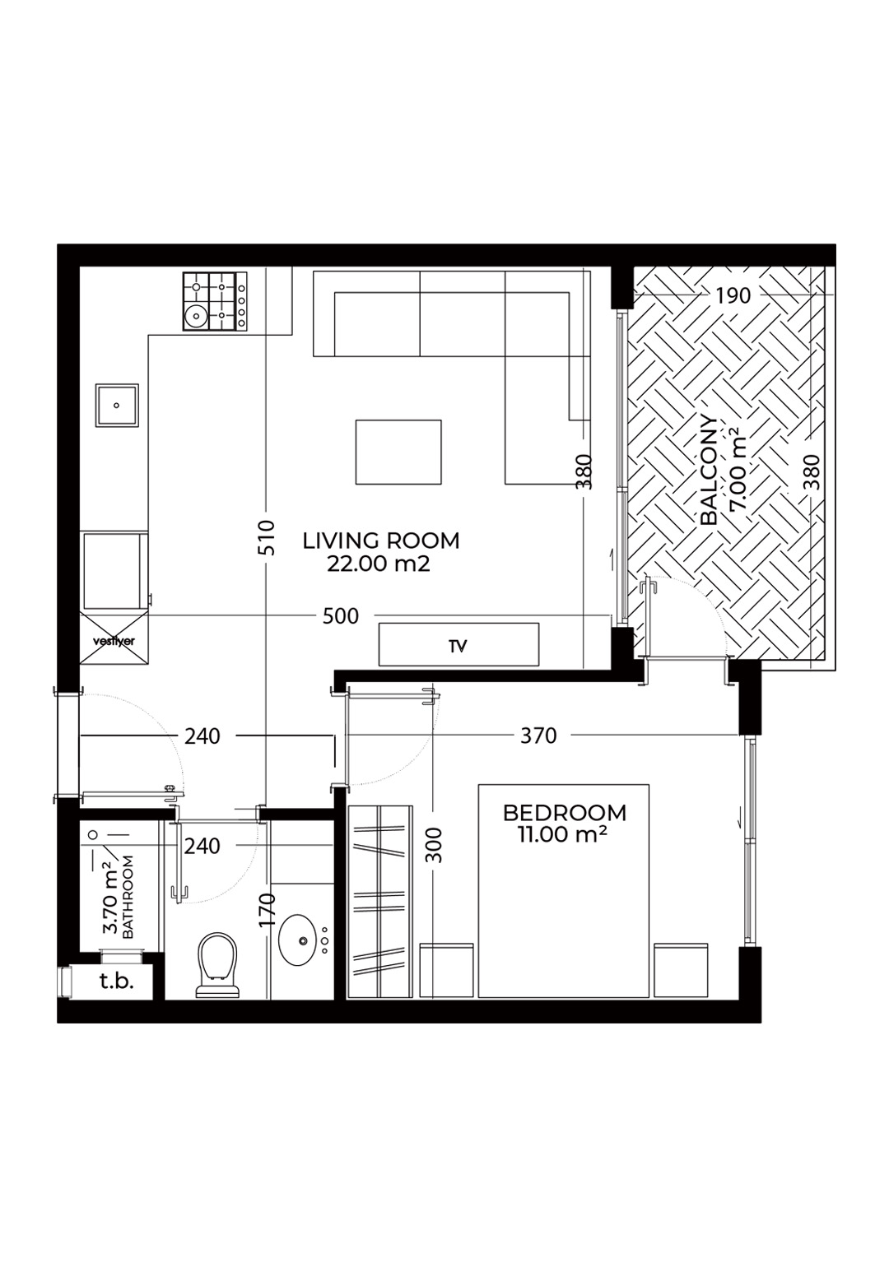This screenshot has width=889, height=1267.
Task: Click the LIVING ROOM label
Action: [x=381, y=541]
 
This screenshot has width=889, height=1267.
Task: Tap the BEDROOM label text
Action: [x=564, y=813]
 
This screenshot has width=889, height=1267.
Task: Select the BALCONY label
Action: [x=708, y=471]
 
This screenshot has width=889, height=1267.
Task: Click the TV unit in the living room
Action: [x=458, y=644]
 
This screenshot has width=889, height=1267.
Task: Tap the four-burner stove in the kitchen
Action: [x=215, y=301]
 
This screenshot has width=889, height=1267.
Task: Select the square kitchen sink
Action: [x=117, y=405]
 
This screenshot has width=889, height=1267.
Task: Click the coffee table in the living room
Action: [x=398, y=452]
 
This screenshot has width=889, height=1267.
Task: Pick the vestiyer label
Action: [x=114, y=642]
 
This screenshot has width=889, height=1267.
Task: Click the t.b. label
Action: [x=117, y=982]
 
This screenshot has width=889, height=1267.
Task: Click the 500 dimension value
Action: [x=341, y=616]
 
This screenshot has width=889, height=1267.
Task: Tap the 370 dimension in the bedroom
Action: [x=538, y=736]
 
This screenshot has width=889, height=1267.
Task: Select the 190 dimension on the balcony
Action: [x=733, y=295]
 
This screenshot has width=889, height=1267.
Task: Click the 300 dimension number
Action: [x=434, y=845]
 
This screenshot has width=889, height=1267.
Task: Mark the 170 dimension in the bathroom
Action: [x=267, y=910]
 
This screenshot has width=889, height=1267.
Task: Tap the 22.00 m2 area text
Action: [x=378, y=564]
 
